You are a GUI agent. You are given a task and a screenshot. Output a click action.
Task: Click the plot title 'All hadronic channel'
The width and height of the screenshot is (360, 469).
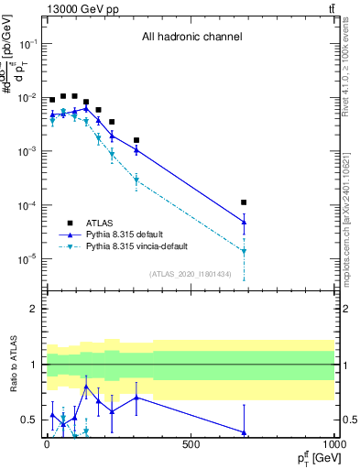[x=191, y=37]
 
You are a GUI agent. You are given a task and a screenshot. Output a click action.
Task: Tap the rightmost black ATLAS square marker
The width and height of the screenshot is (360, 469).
[x=244, y=202]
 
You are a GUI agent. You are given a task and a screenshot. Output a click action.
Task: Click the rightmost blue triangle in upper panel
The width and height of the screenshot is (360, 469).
[x=244, y=222]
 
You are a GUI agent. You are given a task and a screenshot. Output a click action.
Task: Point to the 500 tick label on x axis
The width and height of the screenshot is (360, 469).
[x=190, y=445]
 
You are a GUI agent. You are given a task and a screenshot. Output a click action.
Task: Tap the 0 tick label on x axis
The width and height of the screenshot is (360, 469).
[x=47, y=445]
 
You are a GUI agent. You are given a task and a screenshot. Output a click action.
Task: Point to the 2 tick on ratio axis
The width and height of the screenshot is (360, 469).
[x=34, y=309]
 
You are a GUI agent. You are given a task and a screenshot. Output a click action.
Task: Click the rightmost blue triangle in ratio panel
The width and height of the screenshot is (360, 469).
[x=244, y=432]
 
